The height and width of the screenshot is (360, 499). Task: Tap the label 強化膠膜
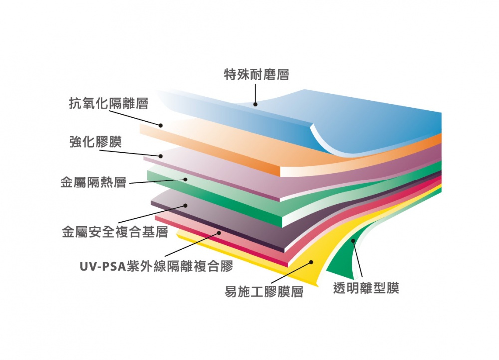click(x=95, y=142)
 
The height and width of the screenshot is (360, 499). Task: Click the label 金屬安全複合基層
click(x=115, y=232)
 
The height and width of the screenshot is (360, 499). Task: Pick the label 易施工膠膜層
click(x=264, y=292)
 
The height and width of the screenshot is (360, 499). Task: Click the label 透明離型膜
click(x=366, y=288)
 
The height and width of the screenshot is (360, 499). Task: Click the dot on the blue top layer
click(x=255, y=105)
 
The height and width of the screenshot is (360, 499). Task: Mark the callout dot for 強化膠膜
click(x=161, y=156)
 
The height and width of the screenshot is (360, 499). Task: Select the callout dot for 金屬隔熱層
click(x=185, y=179)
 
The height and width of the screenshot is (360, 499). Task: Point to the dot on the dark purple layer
click(x=185, y=205)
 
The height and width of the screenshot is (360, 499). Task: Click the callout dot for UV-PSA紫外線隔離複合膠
click(x=218, y=232)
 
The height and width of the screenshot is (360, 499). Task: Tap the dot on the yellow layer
click(x=311, y=262)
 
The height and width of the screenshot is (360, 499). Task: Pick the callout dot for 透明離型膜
click(x=353, y=241)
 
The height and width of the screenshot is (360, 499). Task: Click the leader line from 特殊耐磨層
click(x=255, y=94)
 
